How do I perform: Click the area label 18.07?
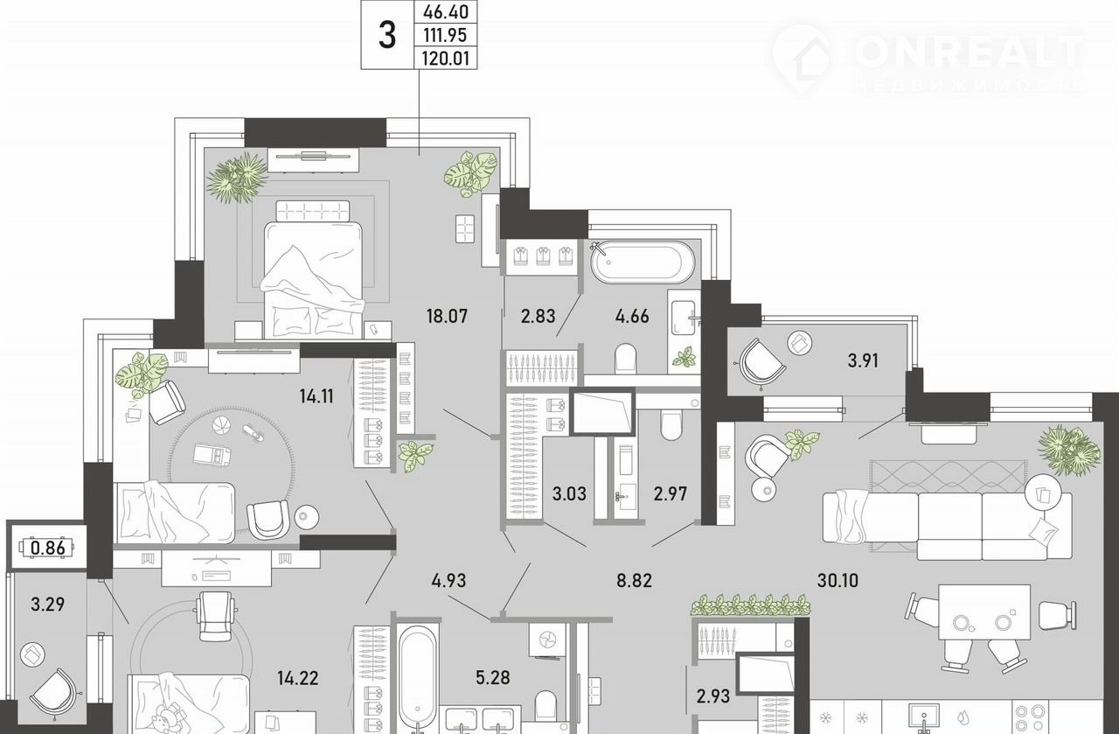pos(447,316)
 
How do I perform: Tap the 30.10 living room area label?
pos(838,581)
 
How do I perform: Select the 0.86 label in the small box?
pos(47,548)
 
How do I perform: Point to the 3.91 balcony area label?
pos(863,360)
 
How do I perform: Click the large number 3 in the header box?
pos(387,36)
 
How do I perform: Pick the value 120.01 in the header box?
pos(446,59)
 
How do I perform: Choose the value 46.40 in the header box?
pos(446,11)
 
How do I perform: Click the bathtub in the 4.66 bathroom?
pos(642,262)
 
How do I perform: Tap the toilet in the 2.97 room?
pos(671,425)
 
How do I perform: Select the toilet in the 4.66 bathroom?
pos(626,358)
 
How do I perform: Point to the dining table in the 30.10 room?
pos(984,612)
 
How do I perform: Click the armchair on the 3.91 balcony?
pos(761,362)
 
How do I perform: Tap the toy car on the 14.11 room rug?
pos(212,454)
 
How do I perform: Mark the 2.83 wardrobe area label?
pos(538,316)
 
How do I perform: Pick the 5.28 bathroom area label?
pos(492,677)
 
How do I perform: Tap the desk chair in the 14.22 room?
pos(215,616)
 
